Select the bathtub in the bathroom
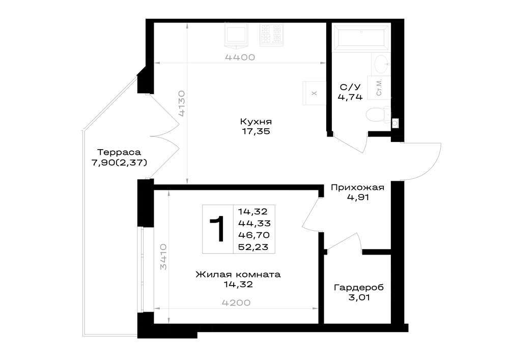click(x=361, y=37)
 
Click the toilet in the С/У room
click(x=379, y=115)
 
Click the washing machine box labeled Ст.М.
click(x=379, y=88)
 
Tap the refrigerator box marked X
click(x=314, y=93)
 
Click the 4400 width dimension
click(x=240, y=58)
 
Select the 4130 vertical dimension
click(x=182, y=103)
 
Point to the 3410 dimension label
click(x=163, y=257)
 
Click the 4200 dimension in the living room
click(x=236, y=303)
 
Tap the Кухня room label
click(x=256, y=122)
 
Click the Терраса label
click(x=119, y=152)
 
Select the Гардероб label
click(x=359, y=288)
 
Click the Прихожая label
click(x=357, y=187)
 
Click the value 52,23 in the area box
click(x=253, y=247)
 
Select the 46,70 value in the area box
click(x=254, y=235)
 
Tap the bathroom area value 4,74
click(x=350, y=97)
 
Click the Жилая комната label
click(x=238, y=274)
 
